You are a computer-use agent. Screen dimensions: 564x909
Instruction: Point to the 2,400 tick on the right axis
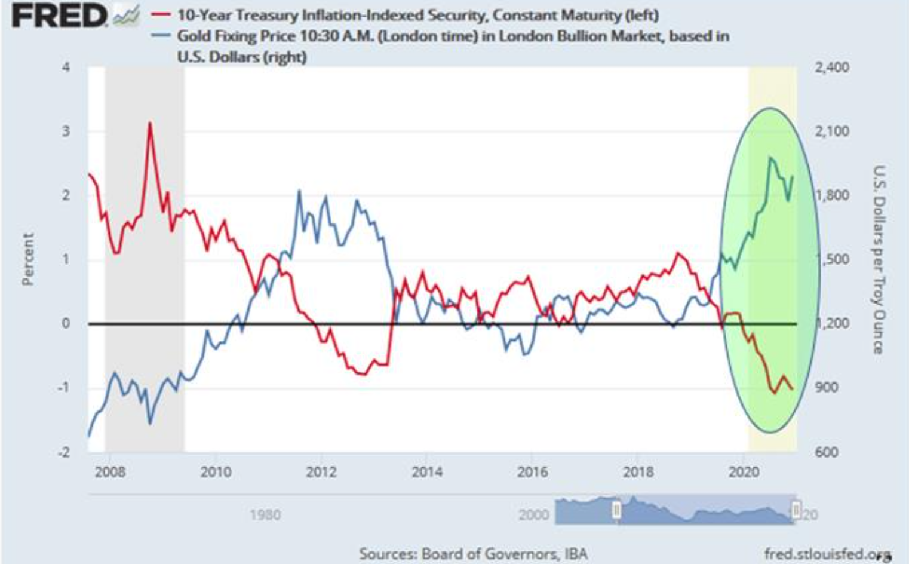click(x=831, y=67)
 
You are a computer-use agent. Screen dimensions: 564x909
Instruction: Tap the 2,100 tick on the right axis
click(x=831, y=131)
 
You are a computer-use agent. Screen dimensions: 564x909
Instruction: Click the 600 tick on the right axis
click(x=827, y=452)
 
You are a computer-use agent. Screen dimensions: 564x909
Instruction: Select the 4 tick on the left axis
click(x=66, y=67)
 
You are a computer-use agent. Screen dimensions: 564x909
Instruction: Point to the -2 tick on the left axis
click(x=64, y=452)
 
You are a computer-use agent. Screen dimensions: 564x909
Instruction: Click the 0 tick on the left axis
click(x=66, y=323)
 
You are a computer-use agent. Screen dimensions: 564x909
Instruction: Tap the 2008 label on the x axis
click(x=110, y=472)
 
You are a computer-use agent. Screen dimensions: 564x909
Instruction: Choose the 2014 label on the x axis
click(x=427, y=472)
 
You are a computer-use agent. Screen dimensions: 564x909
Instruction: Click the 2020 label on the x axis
click(x=744, y=472)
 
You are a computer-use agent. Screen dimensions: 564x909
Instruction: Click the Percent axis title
click(x=27, y=259)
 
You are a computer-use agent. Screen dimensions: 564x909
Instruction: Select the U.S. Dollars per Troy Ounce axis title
click(x=878, y=259)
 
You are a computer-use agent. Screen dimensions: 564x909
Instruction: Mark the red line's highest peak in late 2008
click(x=150, y=123)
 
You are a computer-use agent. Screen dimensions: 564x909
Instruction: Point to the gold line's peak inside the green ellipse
click(x=770, y=157)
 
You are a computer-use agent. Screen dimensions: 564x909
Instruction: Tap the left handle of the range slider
click(x=616, y=510)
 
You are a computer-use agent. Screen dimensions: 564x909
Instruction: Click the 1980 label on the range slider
click(x=265, y=514)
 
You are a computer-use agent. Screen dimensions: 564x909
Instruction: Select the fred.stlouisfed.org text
click(x=827, y=554)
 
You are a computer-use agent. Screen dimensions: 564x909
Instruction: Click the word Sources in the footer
click(x=387, y=554)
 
